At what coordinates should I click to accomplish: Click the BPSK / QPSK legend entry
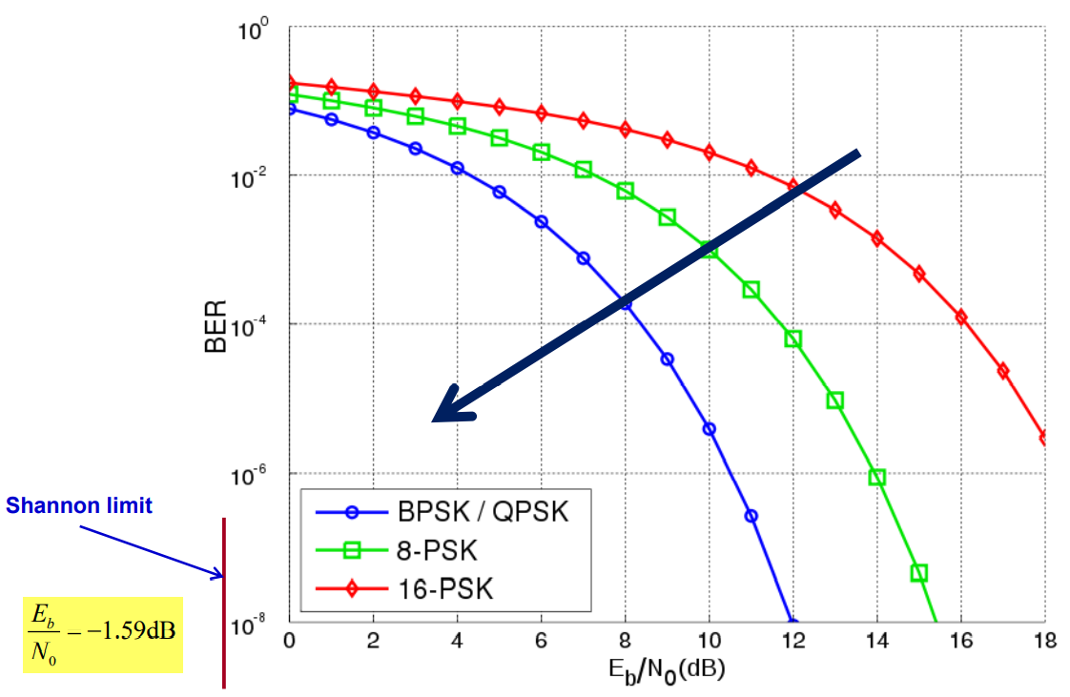482,512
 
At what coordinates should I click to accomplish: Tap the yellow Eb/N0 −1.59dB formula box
103,632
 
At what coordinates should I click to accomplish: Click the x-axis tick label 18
1045,640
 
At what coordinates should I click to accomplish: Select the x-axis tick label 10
709,640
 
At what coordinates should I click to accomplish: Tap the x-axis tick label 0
289,640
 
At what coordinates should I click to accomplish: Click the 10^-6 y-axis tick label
258,474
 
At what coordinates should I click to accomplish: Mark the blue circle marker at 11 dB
751,516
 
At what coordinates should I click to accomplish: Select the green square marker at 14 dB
877,477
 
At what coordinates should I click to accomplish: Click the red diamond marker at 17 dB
1003,371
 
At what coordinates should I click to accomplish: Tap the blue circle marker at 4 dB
457,168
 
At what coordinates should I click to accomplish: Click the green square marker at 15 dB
919,573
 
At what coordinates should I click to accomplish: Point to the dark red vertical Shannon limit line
224,601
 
